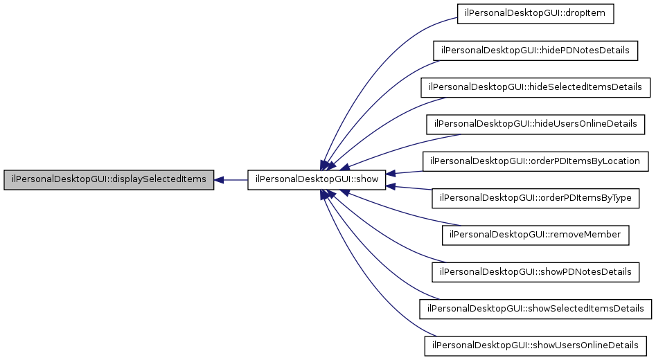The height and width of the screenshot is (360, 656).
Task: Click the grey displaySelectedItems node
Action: (x=109, y=180)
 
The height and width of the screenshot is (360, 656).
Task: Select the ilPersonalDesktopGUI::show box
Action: (x=317, y=180)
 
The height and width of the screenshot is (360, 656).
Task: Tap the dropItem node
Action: (x=536, y=14)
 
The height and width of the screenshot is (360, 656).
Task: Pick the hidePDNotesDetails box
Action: (x=535, y=51)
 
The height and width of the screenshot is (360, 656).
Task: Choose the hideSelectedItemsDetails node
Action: (x=535, y=87)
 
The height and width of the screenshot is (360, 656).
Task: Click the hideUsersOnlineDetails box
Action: (x=535, y=124)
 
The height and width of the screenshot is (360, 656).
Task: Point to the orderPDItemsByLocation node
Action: (x=535, y=161)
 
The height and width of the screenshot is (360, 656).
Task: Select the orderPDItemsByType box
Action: (x=535, y=198)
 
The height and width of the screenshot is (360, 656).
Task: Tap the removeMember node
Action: (x=535, y=235)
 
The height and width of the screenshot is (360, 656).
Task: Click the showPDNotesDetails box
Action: (x=535, y=271)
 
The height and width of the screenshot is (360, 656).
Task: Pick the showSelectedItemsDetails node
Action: (x=535, y=308)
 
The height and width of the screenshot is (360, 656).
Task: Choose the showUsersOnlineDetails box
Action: (x=535, y=345)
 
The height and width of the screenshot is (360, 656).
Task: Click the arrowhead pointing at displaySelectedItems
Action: (x=219, y=180)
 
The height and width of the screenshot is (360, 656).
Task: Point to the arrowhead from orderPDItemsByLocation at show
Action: (x=391, y=173)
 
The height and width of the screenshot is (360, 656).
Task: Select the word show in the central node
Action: (x=366, y=180)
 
